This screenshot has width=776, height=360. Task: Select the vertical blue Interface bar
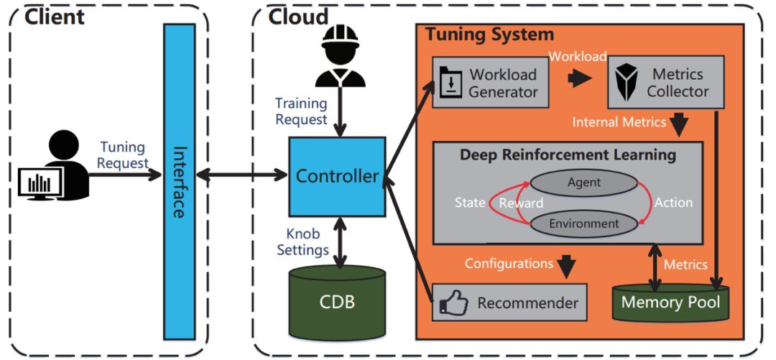coord(180,180)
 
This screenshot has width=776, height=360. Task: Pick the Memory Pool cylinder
coord(670,302)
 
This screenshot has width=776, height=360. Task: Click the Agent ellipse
coord(583,184)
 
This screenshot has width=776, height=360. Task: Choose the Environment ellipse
coord(583,223)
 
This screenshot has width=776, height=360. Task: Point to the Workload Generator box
coord(491,83)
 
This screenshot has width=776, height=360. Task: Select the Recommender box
coord(509,303)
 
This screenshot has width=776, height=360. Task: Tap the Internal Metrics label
coord(619,122)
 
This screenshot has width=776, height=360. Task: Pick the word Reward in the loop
coord(521,203)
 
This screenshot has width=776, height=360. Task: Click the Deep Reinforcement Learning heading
coord(568,154)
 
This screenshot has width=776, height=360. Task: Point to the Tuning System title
coord(489,34)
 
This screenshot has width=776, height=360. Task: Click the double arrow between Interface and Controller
coord(241,175)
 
